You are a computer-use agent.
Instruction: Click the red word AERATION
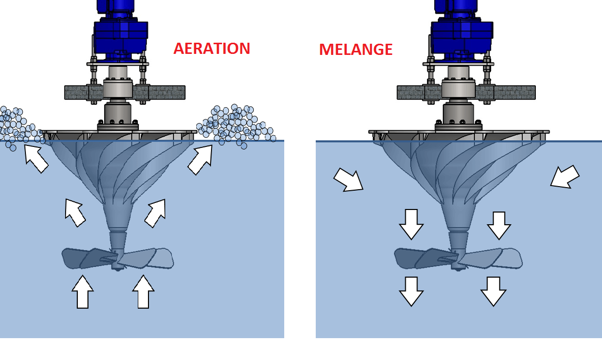point(212,49)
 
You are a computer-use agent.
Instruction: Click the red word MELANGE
point(355,49)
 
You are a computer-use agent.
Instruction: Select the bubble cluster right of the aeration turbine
point(235,125)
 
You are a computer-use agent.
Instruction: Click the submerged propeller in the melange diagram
point(459,258)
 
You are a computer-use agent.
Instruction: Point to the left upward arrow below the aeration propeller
point(82,292)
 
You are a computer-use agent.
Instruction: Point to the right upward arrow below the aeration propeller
point(143,292)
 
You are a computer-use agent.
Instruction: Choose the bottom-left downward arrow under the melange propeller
point(411,291)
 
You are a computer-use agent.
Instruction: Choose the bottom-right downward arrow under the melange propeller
point(493,291)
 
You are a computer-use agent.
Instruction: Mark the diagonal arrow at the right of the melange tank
point(565,177)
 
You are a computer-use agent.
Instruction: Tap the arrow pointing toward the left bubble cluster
point(36,158)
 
